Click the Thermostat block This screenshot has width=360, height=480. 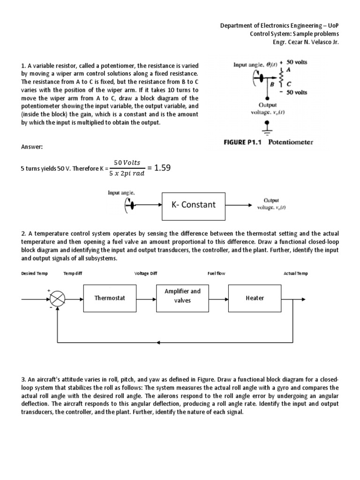click(110, 298)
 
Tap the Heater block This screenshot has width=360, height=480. click(255, 298)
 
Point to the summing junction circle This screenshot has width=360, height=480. click(58, 298)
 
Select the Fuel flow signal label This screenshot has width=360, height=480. click(217, 274)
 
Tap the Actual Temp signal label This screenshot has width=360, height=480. click(295, 274)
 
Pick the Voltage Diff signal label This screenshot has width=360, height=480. click(146, 274)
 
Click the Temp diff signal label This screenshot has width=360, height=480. click(73, 274)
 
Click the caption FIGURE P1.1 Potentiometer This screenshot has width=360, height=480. click(266, 142)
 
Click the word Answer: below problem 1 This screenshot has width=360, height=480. click(31, 147)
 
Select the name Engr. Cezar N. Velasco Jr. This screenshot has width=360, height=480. click(305, 42)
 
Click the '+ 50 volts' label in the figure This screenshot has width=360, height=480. click(293, 62)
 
